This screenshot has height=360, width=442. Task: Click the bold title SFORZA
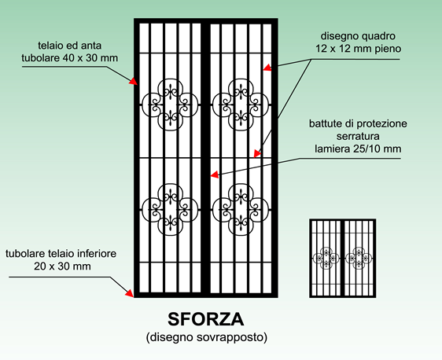[206, 319]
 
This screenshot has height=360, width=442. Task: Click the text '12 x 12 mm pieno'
[358, 49]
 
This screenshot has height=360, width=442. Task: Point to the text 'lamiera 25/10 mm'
[358, 149]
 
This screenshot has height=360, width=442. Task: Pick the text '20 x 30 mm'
[62, 266]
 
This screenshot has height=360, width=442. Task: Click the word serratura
[358, 136]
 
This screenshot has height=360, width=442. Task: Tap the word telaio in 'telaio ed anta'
[50, 46]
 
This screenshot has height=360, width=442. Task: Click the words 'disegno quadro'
[358, 36]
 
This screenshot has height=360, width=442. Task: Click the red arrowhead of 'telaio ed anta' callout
[134, 81]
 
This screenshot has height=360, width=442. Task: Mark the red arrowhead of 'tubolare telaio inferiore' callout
[130, 293]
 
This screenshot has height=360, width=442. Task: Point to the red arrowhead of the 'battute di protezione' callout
[215, 174]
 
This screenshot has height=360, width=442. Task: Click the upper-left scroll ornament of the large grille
[170, 105]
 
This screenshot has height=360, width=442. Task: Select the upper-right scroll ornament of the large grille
[241, 105]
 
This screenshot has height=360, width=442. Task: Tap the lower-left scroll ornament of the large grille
[170, 210]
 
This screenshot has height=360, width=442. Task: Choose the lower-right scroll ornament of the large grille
[241, 210]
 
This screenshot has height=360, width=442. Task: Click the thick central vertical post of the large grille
[206, 158]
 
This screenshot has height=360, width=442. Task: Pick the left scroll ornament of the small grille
[326, 258]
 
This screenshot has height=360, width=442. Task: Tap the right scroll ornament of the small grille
[359, 258]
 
